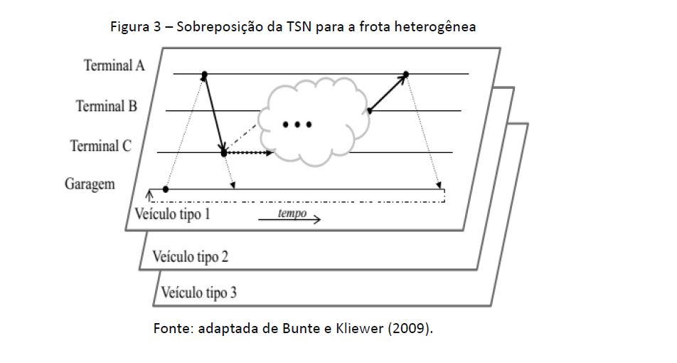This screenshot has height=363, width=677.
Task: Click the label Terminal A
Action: point(114,66)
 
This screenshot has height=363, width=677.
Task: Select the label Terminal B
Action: point(107,107)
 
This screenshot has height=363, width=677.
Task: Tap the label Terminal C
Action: point(101,147)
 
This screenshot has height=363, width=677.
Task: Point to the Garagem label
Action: point(90,184)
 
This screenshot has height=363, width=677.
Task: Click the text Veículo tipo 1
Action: point(172,213)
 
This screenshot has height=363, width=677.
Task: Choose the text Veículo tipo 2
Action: point(190,256)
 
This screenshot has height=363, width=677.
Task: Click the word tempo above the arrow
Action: point(292,214)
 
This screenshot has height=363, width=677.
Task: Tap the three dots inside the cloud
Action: point(297,125)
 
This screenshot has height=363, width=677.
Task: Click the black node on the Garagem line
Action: point(166,189)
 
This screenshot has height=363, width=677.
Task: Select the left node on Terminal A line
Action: point(205,74)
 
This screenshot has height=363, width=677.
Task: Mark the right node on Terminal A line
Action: point(406,74)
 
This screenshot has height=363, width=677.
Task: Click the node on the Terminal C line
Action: point(224,153)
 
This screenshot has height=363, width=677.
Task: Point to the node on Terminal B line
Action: point(370,110)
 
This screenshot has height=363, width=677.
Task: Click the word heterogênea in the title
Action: point(437,27)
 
